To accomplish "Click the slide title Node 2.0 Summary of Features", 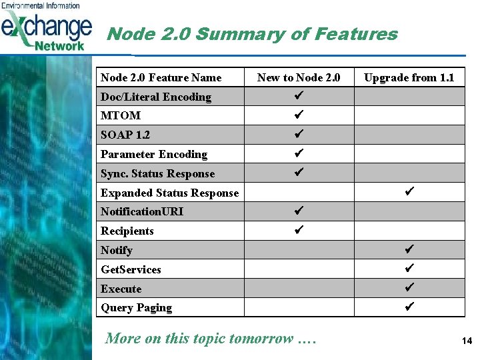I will pyautogui.click(x=251, y=34).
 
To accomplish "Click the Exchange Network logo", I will pyautogui.click(x=46, y=27).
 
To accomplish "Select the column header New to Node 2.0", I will pyautogui.click(x=299, y=78).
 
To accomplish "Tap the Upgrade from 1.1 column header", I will pyautogui.click(x=409, y=78).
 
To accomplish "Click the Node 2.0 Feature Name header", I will pyautogui.click(x=161, y=78).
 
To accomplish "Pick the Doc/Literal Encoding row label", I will pyautogui.click(x=155, y=97).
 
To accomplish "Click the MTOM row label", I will pyautogui.click(x=121, y=116).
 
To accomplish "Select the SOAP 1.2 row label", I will pyautogui.click(x=125, y=135).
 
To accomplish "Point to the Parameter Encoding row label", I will pyautogui.click(x=154, y=155).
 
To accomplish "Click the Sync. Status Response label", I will pyautogui.click(x=157, y=174).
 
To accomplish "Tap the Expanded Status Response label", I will pyautogui.click(x=169, y=193).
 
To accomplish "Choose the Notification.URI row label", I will pyautogui.click(x=142, y=212).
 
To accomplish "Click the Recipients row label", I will pyautogui.click(x=127, y=231).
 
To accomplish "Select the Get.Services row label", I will pyautogui.click(x=131, y=270).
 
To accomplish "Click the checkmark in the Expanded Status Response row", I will pyautogui.click(x=409, y=192).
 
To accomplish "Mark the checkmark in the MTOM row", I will pyautogui.click(x=299, y=115).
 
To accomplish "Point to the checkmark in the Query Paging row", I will pyautogui.click(x=409, y=307).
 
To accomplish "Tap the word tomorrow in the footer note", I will pyautogui.click(x=261, y=339).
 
